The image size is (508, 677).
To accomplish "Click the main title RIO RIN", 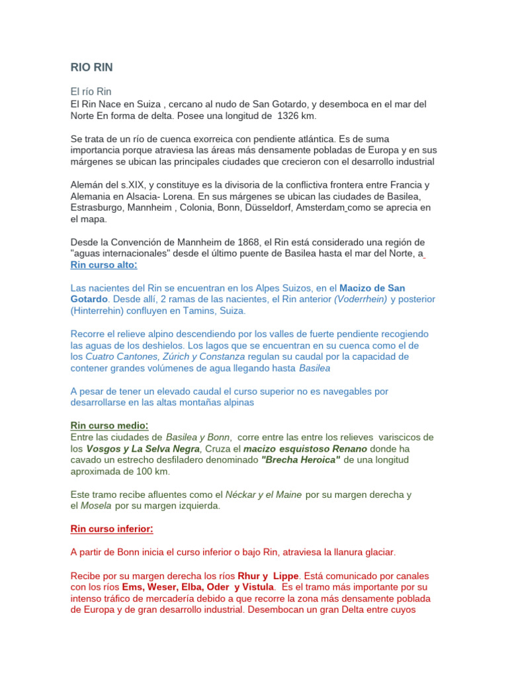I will click(x=92, y=67).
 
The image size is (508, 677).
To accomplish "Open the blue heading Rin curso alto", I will click(x=104, y=265).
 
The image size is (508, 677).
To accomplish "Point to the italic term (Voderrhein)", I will click(x=360, y=299).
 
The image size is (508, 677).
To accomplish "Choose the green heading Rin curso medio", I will click(x=109, y=425).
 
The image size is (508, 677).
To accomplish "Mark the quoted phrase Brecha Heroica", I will click(x=300, y=459).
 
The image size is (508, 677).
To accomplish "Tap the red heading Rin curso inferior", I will click(x=112, y=529).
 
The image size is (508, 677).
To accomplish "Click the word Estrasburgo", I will click(x=100, y=208).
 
